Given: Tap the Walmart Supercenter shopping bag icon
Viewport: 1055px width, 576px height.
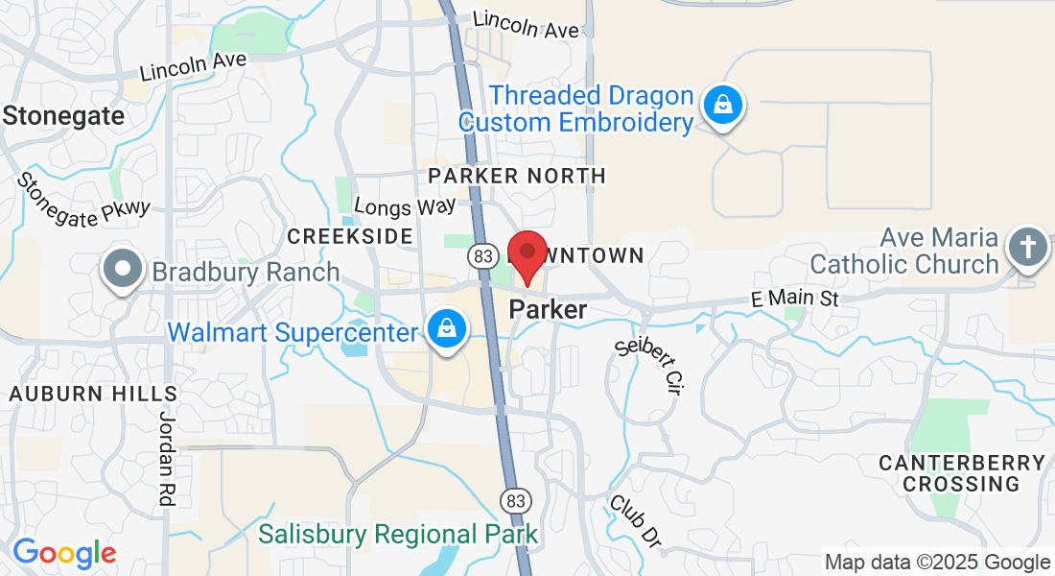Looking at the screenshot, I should click(x=447, y=328).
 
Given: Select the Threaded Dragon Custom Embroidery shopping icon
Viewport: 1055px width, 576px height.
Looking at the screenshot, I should click(x=723, y=105).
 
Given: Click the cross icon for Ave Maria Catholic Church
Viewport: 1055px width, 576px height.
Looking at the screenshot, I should click(x=1026, y=248).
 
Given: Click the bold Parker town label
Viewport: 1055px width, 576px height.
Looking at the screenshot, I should click(x=548, y=310).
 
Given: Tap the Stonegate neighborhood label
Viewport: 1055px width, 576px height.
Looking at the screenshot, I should click(x=63, y=116).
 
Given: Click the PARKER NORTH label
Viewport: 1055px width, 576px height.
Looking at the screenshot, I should click(x=517, y=176).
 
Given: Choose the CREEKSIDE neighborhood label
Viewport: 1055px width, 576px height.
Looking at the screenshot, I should click(x=350, y=236).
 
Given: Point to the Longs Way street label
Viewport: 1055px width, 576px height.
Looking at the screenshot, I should click(x=405, y=206).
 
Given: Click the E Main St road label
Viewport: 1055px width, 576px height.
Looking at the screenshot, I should click(x=794, y=300).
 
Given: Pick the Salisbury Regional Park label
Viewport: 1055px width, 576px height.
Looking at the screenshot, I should click(x=398, y=533).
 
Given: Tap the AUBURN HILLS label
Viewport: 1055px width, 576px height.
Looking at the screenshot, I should click(x=93, y=394).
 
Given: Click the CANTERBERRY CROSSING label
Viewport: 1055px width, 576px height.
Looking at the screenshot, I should click(x=962, y=473).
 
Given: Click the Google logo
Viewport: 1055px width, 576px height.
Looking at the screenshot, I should click(x=64, y=553).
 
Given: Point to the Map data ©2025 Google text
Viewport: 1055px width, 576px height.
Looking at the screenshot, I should click(x=938, y=563).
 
